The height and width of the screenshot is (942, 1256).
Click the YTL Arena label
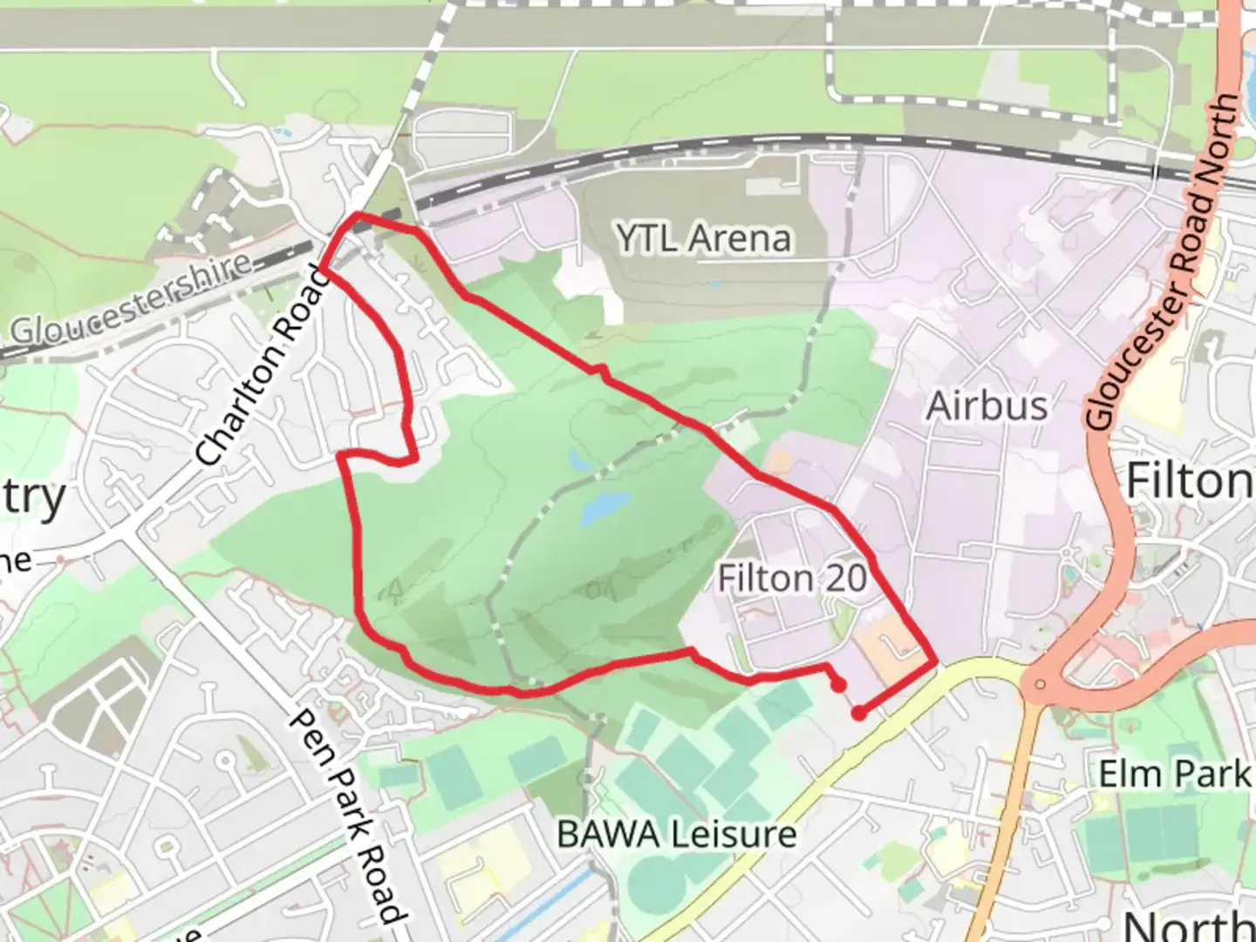pos(703,238)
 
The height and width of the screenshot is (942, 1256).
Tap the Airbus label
pos(986,406)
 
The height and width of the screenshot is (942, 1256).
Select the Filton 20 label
pos(792,577)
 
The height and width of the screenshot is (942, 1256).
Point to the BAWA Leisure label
pos(676,835)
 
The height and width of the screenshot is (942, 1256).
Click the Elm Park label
pos(1173,774)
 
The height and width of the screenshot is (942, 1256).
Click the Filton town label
pos(1188,481)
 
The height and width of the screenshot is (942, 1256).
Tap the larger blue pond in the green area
pos(604,507)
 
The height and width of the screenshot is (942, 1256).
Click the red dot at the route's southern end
pos(859,713)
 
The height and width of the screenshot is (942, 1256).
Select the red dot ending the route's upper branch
pos(838,686)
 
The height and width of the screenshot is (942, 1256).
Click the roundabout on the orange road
pos(1041,684)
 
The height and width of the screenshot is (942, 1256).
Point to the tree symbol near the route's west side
pos(395,592)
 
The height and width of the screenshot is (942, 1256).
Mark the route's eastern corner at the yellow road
pos(936,664)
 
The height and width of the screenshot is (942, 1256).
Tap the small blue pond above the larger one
pos(577,460)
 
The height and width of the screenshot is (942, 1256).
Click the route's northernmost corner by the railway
pos(358,215)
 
